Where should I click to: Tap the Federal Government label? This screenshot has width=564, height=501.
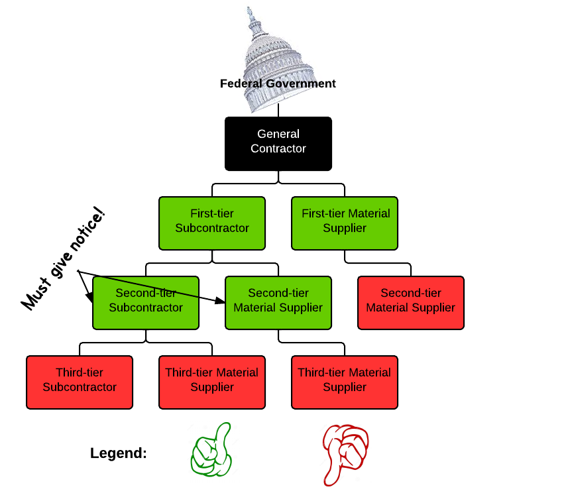[x=278, y=84]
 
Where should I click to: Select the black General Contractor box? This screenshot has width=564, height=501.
[x=278, y=143]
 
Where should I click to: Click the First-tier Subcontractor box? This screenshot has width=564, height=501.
[x=211, y=223]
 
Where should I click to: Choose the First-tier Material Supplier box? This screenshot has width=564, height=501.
[x=345, y=223]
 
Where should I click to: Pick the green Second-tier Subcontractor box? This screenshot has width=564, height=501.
[x=146, y=302]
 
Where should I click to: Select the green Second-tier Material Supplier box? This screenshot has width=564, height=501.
[x=278, y=302]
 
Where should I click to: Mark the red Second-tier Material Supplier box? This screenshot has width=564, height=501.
[x=411, y=302]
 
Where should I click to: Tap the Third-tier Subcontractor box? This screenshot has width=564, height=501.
[x=80, y=382]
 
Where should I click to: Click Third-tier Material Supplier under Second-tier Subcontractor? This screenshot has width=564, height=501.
[x=212, y=382]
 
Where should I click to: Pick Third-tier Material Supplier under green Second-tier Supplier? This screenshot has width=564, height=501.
[x=345, y=382]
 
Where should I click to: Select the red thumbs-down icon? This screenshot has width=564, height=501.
[x=345, y=453]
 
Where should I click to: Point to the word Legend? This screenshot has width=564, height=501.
[x=119, y=454]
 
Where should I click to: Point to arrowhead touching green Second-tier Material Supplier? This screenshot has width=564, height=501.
[x=221, y=302]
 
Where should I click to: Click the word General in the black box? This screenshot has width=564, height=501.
[x=278, y=135]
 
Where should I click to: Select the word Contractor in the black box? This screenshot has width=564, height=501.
[x=278, y=149]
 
